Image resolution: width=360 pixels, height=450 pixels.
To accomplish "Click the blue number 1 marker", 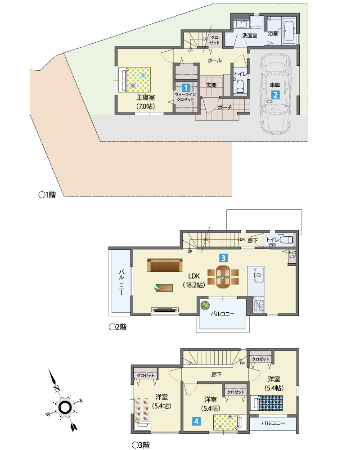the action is (x=186, y=88).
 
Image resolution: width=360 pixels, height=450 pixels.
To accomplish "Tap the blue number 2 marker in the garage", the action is (x=275, y=94).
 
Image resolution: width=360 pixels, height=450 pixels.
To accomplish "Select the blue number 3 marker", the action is (x=223, y=258).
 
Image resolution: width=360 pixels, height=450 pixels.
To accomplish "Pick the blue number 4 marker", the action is (x=196, y=421).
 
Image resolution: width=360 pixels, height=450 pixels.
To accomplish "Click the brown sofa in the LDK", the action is (x=165, y=265).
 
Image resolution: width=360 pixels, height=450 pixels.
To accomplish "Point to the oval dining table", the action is (x=223, y=277).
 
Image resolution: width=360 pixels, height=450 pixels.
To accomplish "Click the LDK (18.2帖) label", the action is (x=194, y=280).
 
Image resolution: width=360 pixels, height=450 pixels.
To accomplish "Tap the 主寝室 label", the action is (x=145, y=98).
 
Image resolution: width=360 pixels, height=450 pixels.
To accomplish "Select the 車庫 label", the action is (x=275, y=85).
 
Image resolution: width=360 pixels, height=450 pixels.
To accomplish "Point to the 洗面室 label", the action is (x=250, y=36).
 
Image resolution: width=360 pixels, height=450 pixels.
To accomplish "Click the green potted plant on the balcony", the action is (x=205, y=306).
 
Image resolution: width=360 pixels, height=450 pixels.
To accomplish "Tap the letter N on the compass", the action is (x=57, y=389).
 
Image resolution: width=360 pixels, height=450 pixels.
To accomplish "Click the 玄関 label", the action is (x=211, y=85).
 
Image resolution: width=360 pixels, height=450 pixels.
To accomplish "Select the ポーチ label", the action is (x=225, y=108).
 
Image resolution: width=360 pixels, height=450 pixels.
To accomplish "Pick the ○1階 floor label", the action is (x=47, y=195).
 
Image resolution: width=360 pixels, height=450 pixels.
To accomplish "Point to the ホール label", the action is (x=215, y=60).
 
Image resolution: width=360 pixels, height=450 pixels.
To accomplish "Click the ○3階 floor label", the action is (x=141, y=445).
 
